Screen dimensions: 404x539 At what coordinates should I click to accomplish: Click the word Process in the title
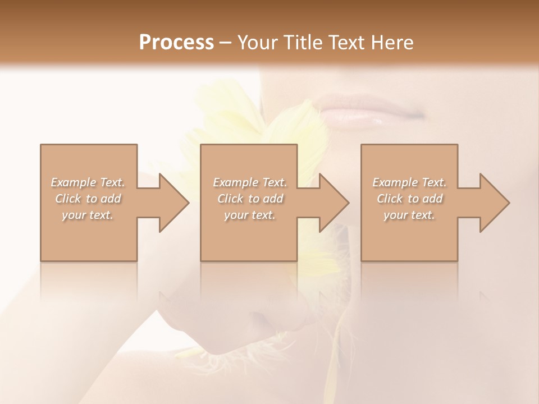[176, 42]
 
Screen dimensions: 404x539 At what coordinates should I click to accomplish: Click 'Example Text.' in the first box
[88, 182]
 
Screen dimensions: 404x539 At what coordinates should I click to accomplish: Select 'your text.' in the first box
[88, 215]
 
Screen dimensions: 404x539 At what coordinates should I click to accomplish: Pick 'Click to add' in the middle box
[250, 199]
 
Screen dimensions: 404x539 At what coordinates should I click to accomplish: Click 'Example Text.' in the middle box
[250, 182]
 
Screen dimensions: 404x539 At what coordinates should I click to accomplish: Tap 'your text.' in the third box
[409, 215]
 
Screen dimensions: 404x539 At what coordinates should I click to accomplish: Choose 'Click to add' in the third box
[409, 199]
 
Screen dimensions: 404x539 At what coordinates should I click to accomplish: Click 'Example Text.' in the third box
[409, 182]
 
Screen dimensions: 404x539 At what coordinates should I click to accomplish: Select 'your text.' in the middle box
[250, 215]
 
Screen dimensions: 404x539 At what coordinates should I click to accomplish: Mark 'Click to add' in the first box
[88, 199]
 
